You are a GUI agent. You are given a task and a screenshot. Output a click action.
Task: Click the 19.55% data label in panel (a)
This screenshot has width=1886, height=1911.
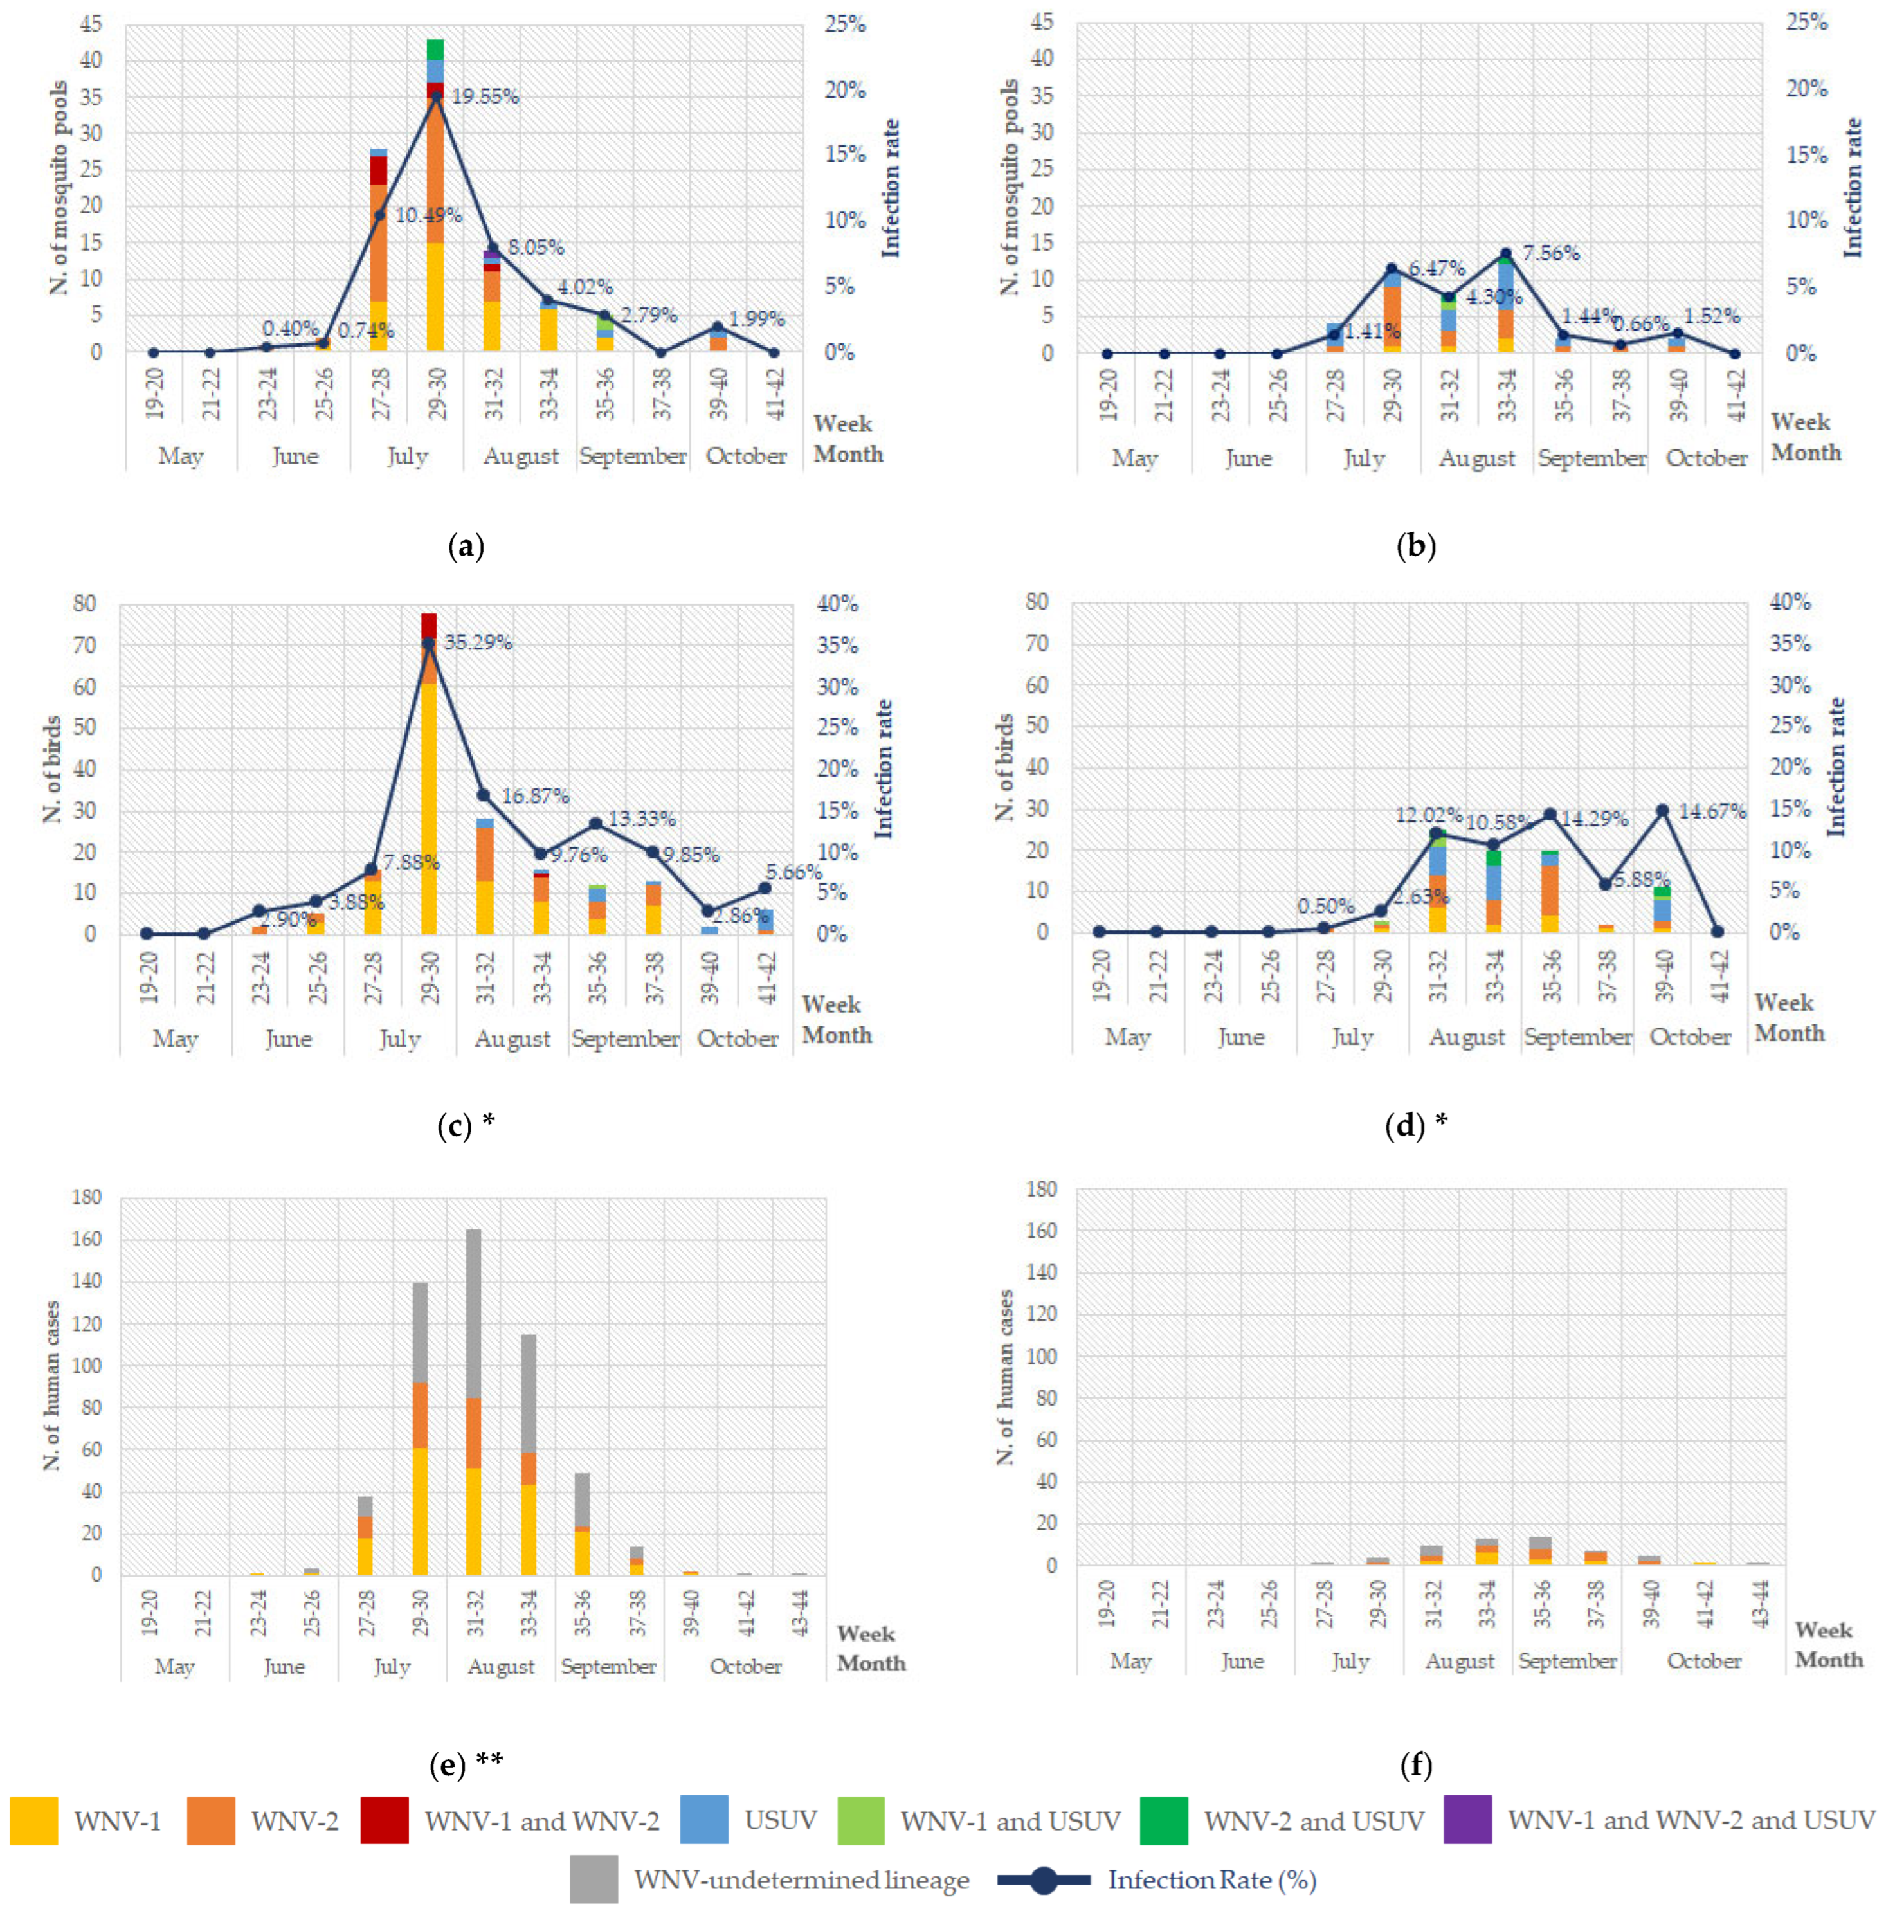click(485, 96)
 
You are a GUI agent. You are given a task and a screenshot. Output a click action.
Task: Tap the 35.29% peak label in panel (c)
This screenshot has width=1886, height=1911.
click(478, 642)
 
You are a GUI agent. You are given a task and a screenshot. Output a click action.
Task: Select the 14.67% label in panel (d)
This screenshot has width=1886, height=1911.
click(1712, 811)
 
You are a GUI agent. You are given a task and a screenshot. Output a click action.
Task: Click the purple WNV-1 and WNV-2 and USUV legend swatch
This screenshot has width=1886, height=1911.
click(1467, 1820)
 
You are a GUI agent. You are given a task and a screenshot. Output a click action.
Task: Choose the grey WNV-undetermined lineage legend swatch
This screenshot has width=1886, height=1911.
click(594, 1879)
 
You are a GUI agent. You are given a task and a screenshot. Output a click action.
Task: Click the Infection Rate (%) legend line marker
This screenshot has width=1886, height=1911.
click(1044, 1879)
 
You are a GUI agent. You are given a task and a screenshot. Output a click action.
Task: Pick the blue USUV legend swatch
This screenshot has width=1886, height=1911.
click(704, 1820)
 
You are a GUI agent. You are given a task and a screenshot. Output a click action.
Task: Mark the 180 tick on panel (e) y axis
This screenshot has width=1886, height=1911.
click(86, 1198)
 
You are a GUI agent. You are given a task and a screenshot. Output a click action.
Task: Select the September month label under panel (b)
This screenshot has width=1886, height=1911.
click(1591, 458)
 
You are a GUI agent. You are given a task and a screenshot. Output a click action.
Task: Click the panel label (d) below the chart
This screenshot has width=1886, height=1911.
click(1406, 1125)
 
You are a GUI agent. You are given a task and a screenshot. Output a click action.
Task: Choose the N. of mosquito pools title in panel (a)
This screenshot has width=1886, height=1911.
click(59, 188)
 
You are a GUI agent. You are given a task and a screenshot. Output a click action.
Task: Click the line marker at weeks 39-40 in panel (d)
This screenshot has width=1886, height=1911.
click(1662, 810)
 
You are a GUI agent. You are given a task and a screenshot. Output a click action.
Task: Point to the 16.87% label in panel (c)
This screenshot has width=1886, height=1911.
click(534, 795)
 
